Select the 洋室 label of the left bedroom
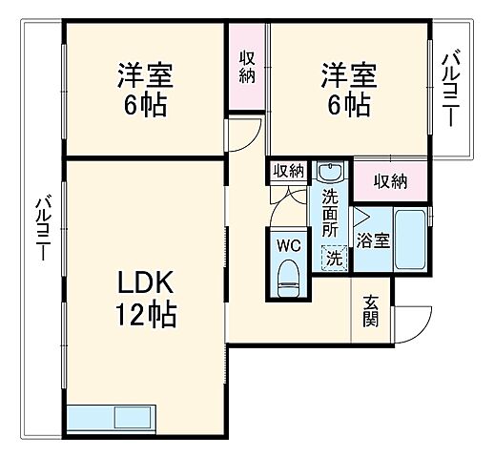pos(144,73)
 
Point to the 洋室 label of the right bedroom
pos(347,73)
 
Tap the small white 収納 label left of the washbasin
pos(288,171)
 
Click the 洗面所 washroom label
pos(330,214)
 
